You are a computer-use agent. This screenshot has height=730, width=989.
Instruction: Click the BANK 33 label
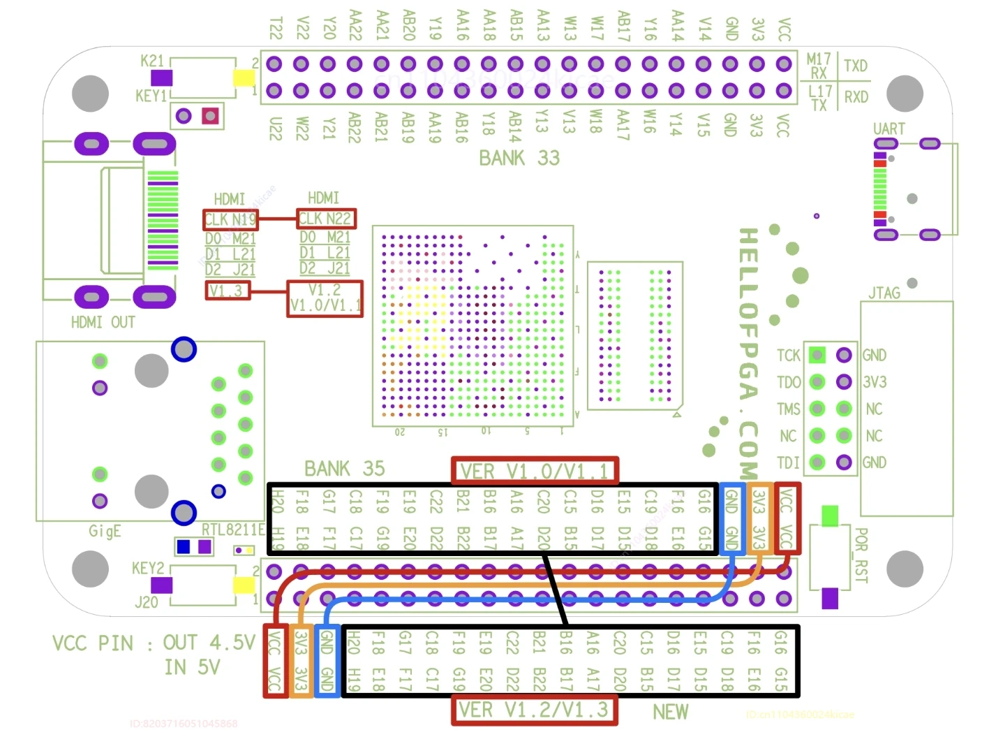[x=519, y=159]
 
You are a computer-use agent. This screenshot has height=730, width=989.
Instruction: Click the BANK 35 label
[x=344, y=469]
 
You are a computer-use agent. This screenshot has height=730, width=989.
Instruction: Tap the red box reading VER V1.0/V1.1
[x=535, y=472]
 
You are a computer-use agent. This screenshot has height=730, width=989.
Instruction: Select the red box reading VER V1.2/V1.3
[x=534, y=710]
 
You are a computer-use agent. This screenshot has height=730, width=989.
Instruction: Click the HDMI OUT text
[x=103, y=322]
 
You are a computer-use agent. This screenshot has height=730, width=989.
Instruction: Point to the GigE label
[x=105, y=531]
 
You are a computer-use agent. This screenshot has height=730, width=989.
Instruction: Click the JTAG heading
[x=884, y=293]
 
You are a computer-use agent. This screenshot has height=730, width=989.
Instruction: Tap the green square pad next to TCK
[x=817, y=355]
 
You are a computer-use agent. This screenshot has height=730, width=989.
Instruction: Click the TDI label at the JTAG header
[x=788, y=462]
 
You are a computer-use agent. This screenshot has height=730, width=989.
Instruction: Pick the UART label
[x=888, y=129]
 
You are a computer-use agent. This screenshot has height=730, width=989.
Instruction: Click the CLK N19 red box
[x=230, y=220]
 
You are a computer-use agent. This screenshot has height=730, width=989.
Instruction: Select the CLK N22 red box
[x=326, y=219]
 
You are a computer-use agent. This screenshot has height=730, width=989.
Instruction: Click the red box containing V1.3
[x=227, y=291]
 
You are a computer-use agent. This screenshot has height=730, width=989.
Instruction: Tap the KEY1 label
[x=151, y=96]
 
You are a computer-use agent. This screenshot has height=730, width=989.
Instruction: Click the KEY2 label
[x=148, y=568]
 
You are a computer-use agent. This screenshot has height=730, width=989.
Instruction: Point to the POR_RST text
[x=861, y=555]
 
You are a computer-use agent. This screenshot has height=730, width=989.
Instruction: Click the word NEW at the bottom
[x=670, y=712]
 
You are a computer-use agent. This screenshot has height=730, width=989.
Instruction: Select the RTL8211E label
[x=233, y=530]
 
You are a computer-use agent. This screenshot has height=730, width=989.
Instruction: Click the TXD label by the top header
[x=856, y=66]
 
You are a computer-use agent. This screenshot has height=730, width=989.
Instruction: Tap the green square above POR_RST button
[x=830, y=516]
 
